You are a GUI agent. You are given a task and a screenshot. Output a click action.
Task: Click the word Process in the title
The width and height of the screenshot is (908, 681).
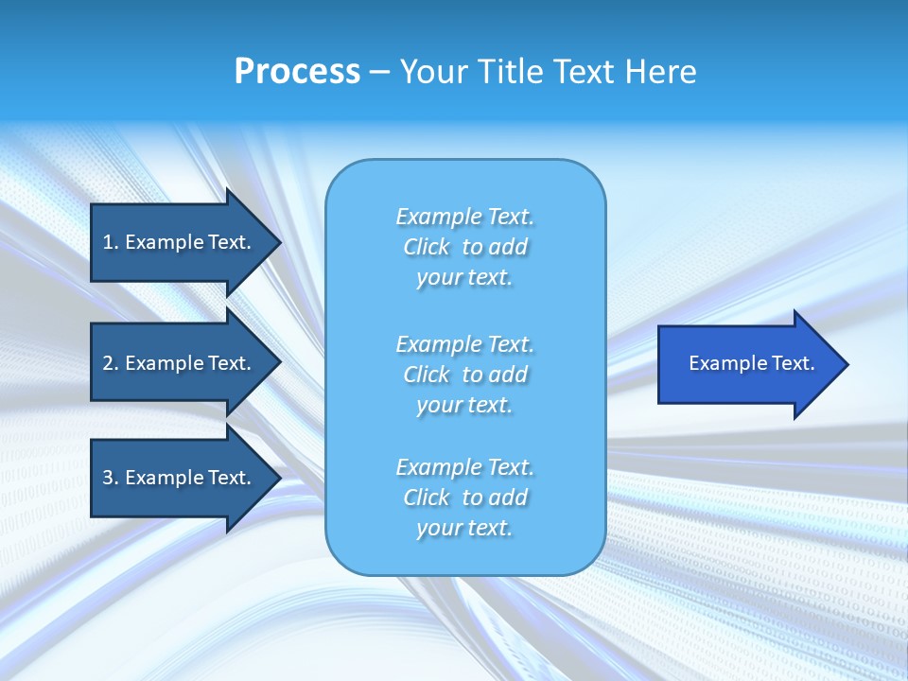(297, 72)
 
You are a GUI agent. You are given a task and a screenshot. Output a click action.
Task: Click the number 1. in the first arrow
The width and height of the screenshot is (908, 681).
(110, 242)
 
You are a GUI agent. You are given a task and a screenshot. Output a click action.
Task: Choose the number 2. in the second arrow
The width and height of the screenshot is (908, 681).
(110, 363)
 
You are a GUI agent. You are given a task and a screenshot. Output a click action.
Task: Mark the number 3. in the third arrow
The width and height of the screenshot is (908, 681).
(110, 478)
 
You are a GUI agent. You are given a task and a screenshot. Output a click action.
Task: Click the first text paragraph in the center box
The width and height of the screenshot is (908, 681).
(464, 247)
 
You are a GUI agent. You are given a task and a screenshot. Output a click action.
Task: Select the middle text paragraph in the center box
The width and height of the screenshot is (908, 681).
(464, 375)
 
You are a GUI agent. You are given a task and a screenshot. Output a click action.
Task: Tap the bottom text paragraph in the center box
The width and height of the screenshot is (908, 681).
(464, 498)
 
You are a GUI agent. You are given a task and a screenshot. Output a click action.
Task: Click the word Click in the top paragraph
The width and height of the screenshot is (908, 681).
(426, 247)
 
